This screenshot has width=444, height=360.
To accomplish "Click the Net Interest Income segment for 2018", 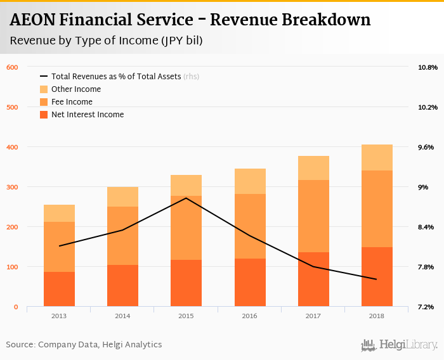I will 377,276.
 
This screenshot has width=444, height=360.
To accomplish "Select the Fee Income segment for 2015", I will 186,228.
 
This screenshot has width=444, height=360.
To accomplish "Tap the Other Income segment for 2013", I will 59,213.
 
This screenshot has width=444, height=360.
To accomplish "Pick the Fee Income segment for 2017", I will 313,215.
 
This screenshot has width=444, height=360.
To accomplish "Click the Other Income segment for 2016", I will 250,181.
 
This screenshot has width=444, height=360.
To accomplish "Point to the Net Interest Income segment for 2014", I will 122,285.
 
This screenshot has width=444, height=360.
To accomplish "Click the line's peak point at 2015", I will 186,198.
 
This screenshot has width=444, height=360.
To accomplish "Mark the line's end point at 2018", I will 377,279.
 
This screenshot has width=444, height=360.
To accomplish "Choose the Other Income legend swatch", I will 44,89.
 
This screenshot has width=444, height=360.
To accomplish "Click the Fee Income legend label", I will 72,102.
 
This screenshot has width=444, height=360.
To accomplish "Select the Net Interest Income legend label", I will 88,115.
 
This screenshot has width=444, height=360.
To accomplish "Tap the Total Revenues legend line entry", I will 44,77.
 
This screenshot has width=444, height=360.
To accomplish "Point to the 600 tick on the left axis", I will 13,67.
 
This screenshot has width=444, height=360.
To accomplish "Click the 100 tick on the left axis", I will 13,267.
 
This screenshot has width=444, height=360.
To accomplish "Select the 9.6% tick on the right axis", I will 426,147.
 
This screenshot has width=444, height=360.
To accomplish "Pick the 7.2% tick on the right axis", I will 426,307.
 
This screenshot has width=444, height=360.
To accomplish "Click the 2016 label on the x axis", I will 250,315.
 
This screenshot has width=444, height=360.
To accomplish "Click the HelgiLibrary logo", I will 399,345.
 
